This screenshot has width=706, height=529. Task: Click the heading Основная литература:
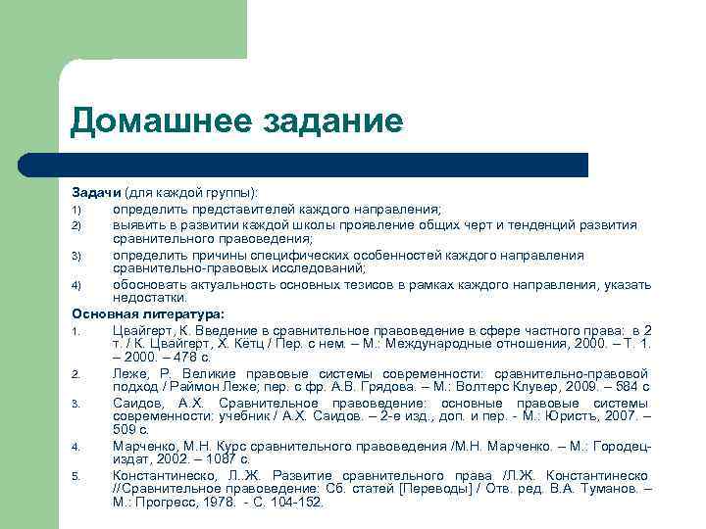147,313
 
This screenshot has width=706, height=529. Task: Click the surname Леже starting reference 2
129,373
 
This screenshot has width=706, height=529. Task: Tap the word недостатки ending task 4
148,299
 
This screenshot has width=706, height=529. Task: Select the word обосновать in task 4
148,285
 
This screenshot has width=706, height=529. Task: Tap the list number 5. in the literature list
76,476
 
